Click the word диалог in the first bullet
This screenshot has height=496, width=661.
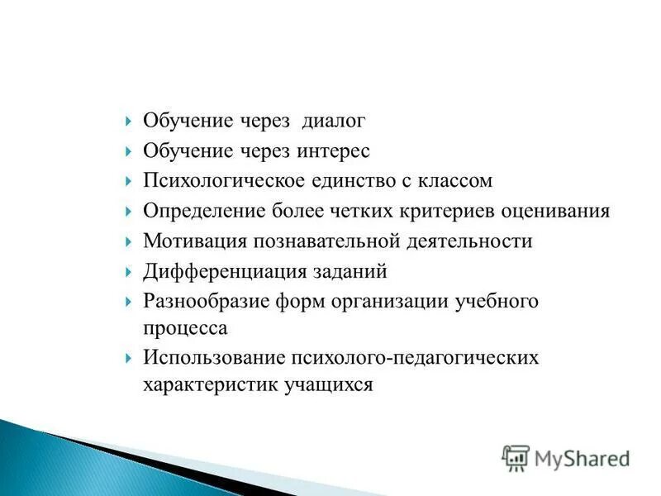(x=333, y=121)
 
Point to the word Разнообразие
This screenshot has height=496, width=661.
(x=201, y=301)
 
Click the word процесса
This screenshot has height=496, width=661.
(x=185, y=327)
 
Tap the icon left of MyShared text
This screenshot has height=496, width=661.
(x=516, y=459)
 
